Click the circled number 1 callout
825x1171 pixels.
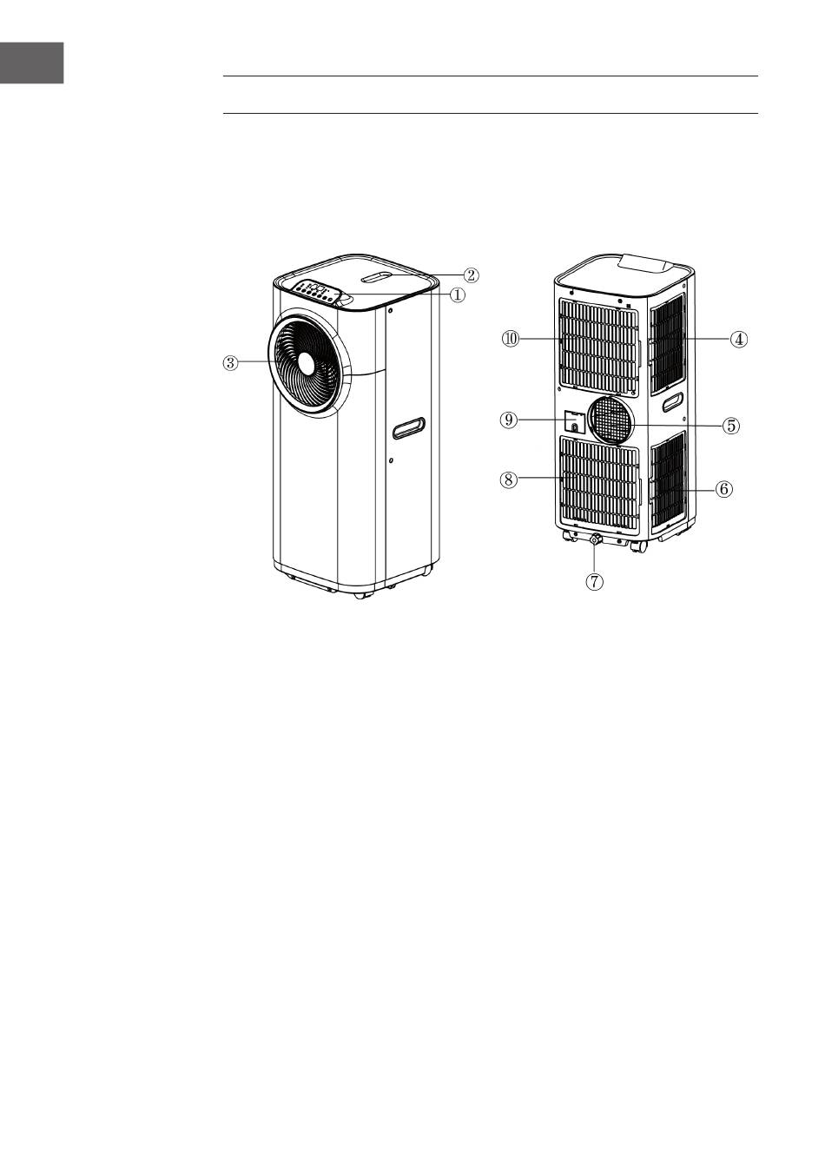(x=457, y=294)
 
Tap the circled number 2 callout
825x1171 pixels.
(x=470, y=275)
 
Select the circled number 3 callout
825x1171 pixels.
(x=230, y=363)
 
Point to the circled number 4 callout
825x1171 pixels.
(x=737, y=340)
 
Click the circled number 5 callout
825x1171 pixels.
(x=731, y=426)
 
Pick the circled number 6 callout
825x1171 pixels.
(x=723, y=488)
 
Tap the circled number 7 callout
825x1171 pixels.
(x=594, y=582)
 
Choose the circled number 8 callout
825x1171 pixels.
(x=509, y=479)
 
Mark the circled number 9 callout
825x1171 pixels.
(x=510, y=420)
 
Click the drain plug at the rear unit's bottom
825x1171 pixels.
(x=595, y=541)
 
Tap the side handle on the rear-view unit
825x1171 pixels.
(x=672, y=404)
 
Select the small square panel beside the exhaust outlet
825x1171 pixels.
(x=573, y=421)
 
